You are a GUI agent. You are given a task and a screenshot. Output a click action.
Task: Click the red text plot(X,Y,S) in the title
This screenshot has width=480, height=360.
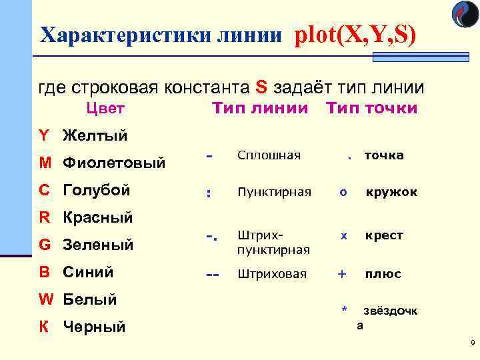tap(355, 33)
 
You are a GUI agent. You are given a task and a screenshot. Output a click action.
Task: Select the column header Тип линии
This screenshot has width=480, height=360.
tap(260, 108)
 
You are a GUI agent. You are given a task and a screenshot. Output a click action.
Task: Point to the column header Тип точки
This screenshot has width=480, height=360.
tap(371, 108)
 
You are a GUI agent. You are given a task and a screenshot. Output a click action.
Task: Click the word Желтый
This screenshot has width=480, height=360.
tap(95, 136)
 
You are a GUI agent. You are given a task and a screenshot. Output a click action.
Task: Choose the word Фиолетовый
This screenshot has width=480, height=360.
tap(114, 163)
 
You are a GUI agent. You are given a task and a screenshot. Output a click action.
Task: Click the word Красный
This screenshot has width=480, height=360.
tap(98, 217)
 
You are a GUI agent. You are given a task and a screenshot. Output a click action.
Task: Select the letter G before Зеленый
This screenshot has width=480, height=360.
tap(45, 245)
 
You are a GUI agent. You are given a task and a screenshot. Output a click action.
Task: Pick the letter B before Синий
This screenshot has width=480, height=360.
tap(44, 272)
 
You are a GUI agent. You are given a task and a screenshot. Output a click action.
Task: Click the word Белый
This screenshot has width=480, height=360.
tap(90, 299)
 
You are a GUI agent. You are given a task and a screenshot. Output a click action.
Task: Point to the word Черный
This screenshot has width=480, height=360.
tap(94, 327)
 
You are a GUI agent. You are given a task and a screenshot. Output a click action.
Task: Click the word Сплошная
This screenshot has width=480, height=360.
tap(269, 155)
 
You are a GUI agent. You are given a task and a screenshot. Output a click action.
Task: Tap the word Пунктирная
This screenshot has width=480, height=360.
tap(274, 192)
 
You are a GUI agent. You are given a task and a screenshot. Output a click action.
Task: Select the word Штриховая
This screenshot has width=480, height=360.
tap(272, 273)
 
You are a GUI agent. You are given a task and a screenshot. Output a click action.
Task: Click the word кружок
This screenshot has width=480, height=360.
tap(391, 192)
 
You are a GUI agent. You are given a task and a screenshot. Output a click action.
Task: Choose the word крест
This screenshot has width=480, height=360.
tap(383, 235)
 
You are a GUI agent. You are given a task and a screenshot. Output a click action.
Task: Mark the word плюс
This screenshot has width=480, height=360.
tap(383, 273)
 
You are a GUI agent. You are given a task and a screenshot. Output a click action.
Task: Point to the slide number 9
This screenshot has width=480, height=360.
tap(472, 343)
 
